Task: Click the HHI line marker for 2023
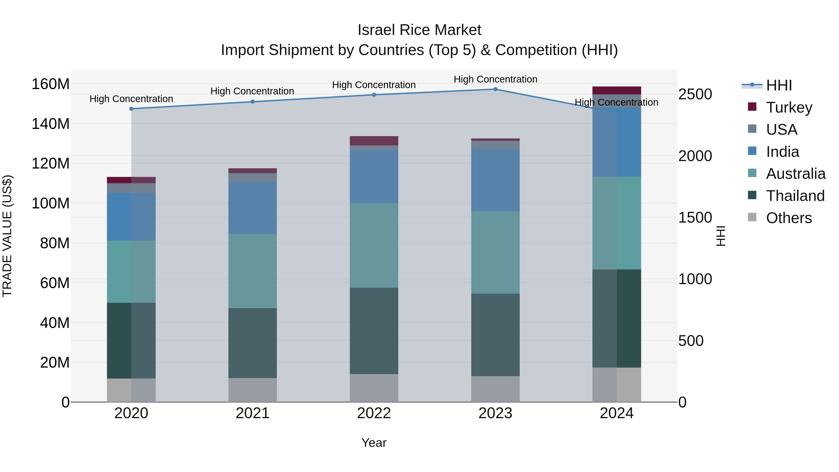point(495,89)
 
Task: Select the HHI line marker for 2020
point(131,109)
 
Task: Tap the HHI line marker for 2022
point(374,95)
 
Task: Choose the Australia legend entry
point(795,174)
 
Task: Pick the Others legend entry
point(788,218)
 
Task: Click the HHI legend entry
point(778,85)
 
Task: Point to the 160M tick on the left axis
point(51,84)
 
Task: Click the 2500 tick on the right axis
point(695,94)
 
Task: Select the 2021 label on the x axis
point(252,413)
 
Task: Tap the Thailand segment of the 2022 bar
point(374,331)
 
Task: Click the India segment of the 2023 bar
point(495,180)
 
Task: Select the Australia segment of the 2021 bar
point(252,271)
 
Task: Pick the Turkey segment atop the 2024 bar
point(616,90)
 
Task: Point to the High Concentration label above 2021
point(252,91)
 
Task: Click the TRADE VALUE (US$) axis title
point(7,236)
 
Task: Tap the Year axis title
point(374,443)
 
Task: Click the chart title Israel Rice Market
point(419,30)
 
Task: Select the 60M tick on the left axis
point(55,283)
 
